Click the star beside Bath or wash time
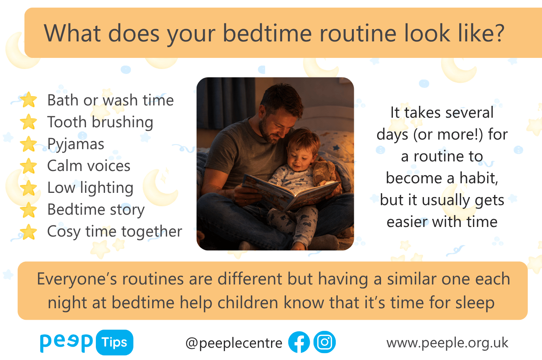(28, 99)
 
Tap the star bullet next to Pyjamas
(28, 144)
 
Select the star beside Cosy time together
(28, 232)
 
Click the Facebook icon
(299, 342)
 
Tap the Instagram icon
(325, 342)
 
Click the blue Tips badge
(115, 342)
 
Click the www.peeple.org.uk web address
(447, 343)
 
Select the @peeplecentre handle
(234, 343)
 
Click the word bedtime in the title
(267, 33)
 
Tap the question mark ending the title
(498, 33)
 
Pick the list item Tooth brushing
(100, 122)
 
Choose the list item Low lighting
(90, 188)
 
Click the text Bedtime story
(96, 209)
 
